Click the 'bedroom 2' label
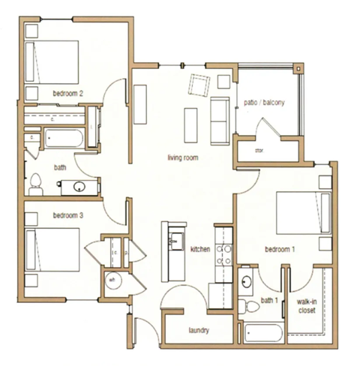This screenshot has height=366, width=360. (67, 93)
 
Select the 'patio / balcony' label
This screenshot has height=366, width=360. (264, 103)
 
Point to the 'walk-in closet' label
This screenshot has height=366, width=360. (307, 304)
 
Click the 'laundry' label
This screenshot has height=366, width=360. (197, 330)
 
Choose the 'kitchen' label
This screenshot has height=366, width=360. (199, 248)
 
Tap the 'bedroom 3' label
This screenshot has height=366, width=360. (67, 215)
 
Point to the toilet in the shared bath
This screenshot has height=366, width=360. (36, 181)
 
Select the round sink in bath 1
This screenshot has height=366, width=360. (247, 283)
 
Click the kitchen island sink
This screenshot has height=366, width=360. (173, 241)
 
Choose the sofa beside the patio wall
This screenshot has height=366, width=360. (220, 120)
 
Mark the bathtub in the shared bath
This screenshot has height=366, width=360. (64, 139)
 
